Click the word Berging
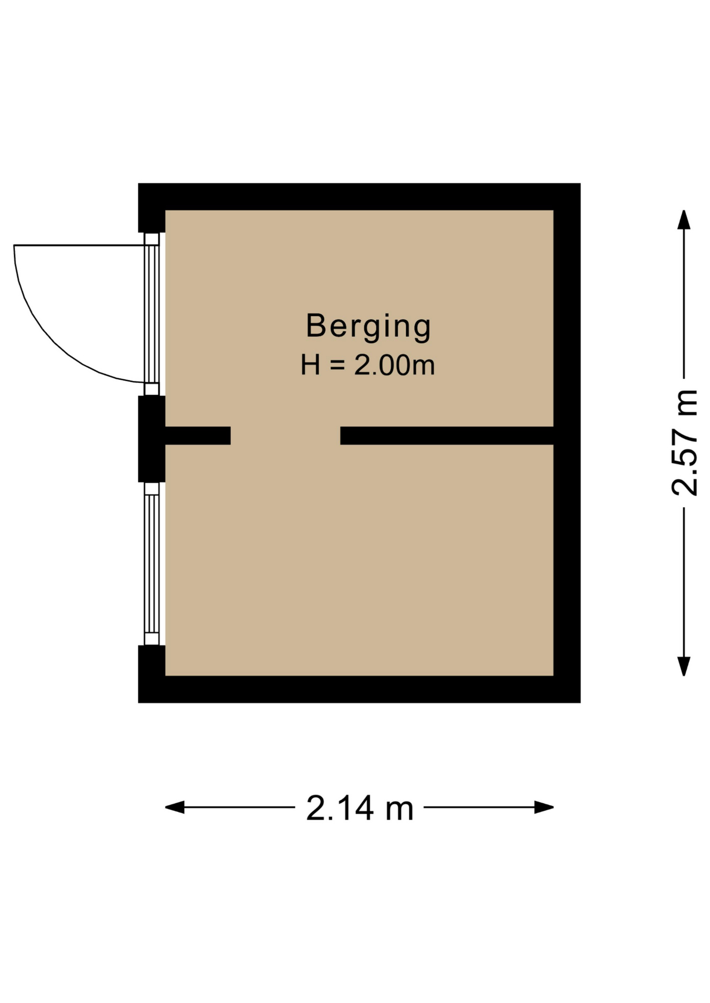[x=368, y=326]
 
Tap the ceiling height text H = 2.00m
[x=368, y=365]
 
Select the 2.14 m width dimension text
[x=360, y=808]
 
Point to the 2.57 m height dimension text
[x=684, y=442]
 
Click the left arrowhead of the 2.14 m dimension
[x=175, y=807]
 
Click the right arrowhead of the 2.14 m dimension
[x=544, y=807]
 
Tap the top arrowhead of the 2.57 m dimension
[x=684, y=219]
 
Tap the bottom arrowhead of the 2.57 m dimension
[x=684, y=666]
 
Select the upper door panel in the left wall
[x=152, y=313]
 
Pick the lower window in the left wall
[x=152, y=564]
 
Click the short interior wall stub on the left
[x=198, y=436]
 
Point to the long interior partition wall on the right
[x=447, y=436]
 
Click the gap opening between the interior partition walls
[x=285, y=436]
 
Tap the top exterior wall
[x=359, y=196]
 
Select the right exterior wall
[x=567, y=442]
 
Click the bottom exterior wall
[x=359, y=689]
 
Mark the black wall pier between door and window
[x=152, y=439]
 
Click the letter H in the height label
[x=311, y=365]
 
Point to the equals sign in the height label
[x=338, y=365]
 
